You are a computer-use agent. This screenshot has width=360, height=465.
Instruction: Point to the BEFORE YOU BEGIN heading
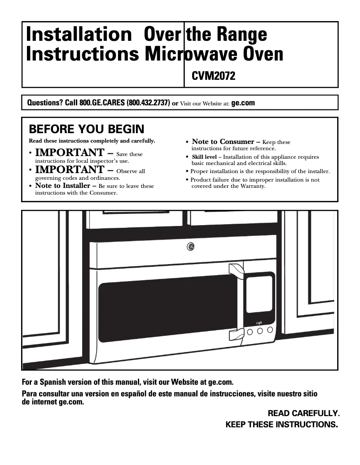(87, 130)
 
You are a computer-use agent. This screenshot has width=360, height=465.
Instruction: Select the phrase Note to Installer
(63, 186)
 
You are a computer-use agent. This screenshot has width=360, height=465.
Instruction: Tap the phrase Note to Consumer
(223, 142)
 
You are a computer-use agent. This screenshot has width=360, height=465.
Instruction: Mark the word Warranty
(251, 186)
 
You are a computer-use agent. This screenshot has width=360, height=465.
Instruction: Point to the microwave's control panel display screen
(259, 294)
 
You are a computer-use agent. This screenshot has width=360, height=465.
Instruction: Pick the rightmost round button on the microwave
(270, 330)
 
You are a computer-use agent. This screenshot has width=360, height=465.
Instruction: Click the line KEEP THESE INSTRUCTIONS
(281, 424)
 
